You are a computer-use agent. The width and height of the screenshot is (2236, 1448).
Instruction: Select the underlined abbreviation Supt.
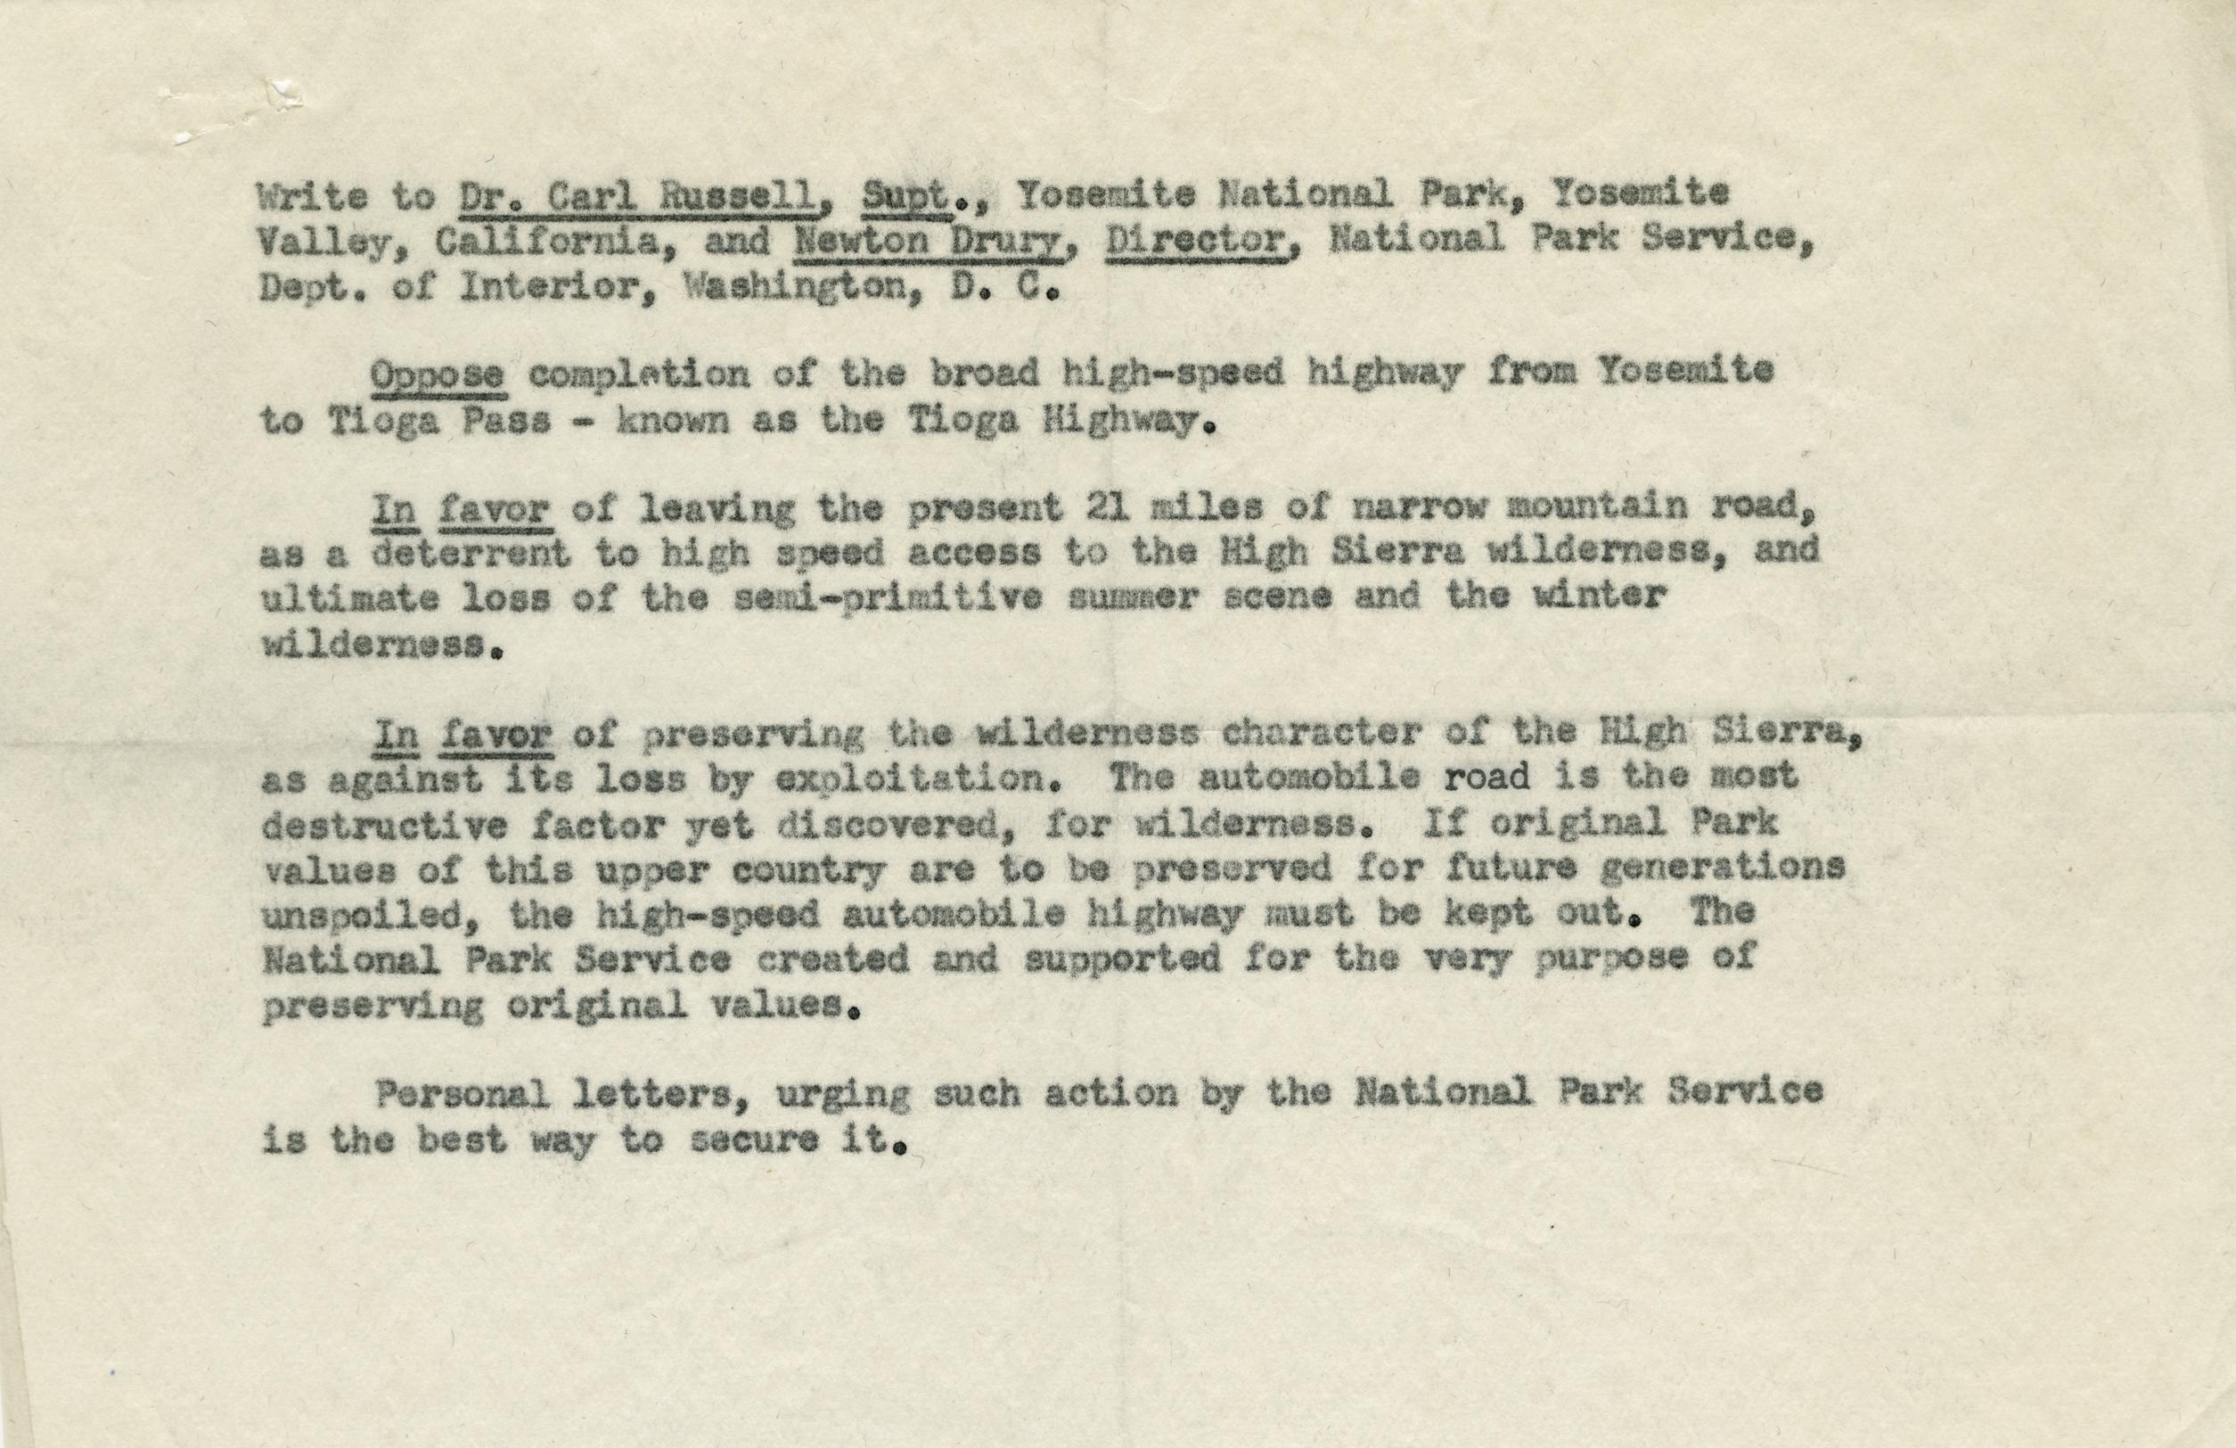click(899, 196)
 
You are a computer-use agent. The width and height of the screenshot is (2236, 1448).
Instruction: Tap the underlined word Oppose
click(438, 374)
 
